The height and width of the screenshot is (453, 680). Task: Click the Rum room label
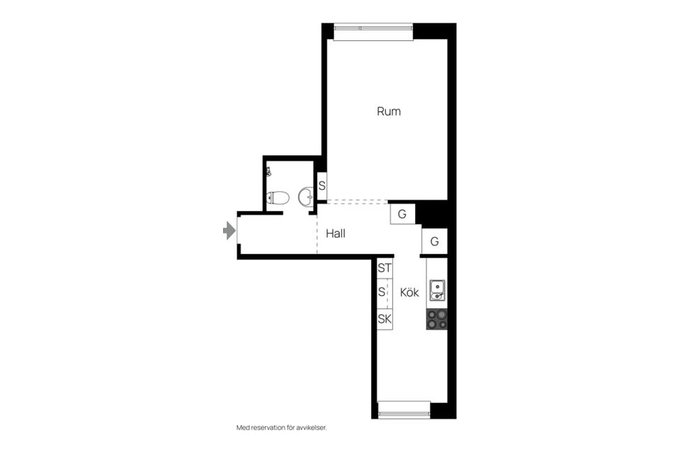389,111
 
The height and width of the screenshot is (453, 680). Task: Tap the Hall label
335,234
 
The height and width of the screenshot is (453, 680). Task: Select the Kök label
409,292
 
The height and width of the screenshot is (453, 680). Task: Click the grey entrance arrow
229,230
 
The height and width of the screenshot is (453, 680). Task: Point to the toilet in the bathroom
278,198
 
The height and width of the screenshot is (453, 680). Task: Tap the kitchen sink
437,290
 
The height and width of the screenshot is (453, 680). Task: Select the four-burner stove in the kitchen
437,319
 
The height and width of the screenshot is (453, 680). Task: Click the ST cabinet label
384,268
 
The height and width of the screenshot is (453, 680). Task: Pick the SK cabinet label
384,319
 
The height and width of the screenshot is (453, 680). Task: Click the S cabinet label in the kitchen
381,292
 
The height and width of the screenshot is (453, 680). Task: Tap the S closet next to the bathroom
322,186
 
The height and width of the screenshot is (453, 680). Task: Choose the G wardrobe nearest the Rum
402,214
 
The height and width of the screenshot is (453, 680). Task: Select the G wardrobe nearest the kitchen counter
434,241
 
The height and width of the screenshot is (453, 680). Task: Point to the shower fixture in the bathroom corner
268,172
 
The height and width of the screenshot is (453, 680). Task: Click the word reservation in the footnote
268,428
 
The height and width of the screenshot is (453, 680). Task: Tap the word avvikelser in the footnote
312,428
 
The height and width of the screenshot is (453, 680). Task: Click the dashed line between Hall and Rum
357,201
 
